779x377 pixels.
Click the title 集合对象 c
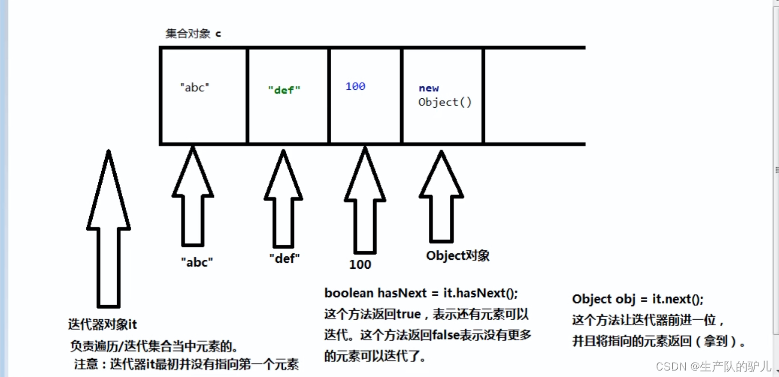tap(193, 34)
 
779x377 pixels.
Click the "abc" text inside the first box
tap(195, 87)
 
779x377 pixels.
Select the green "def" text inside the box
tap(284, 90)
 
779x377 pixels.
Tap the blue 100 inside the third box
tap(355, 86)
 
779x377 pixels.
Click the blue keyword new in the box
tap(428, 88)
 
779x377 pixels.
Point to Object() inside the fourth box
tap(445, 102)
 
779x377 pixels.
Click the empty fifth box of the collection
tap(534, 96)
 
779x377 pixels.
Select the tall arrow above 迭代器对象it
tap(108, 229)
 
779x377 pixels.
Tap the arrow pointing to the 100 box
tap(365, 199)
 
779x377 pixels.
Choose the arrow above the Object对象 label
tap(441, 197)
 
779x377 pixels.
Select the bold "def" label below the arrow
tap(285, 258)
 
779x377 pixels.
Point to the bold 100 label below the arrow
tap(360, 264)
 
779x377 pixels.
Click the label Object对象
tap(457, 255)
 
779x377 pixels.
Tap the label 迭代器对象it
tap(102, 324)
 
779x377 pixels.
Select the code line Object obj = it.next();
tap(638, 299)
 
